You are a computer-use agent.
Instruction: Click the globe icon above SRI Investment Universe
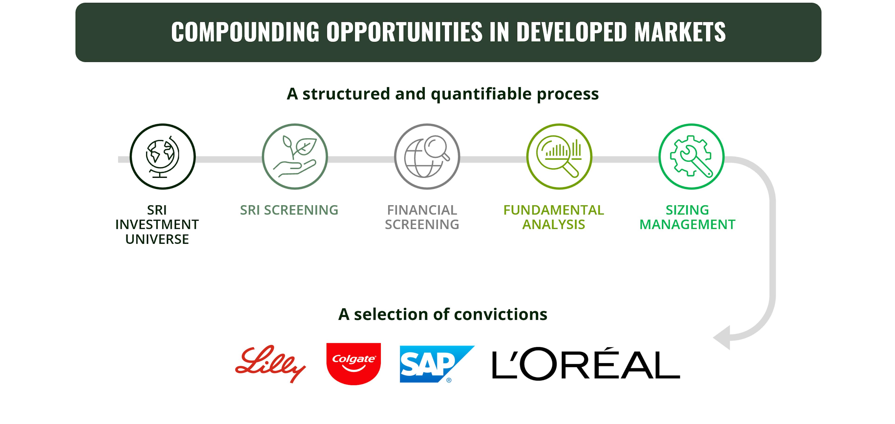pos(163,156)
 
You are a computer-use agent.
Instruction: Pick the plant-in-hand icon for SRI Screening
pos(295,156)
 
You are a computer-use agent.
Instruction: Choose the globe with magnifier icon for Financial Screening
pos(427,156)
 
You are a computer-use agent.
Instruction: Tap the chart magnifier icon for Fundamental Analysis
pos(559,156)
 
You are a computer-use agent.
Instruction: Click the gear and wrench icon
pos(691,156)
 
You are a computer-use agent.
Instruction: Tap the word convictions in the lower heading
pos(500,314)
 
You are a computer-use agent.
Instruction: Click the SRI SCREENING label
pos(289,210)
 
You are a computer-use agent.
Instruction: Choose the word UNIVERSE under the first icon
pos(157,239)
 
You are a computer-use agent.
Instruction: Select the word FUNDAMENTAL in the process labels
pos(554,210)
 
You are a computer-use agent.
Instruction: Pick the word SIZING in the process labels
pos(687,210)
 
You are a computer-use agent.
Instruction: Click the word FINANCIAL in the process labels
pos(422,210)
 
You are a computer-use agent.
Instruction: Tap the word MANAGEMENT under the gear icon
pos(687,224)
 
